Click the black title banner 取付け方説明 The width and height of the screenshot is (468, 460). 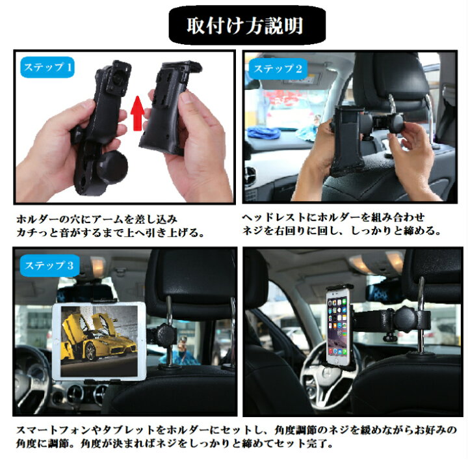pos(247,25)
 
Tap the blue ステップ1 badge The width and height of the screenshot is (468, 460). pos(47,67)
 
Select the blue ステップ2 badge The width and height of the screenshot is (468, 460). pos(278,69)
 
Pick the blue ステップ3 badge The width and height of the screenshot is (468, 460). pos(49,265)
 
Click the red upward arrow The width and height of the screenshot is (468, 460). pos(137,113)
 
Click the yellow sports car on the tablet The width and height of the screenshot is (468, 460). pos(97,338)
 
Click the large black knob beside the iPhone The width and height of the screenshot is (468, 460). pos(405,318)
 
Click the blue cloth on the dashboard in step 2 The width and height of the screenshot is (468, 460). pos(263,133)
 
